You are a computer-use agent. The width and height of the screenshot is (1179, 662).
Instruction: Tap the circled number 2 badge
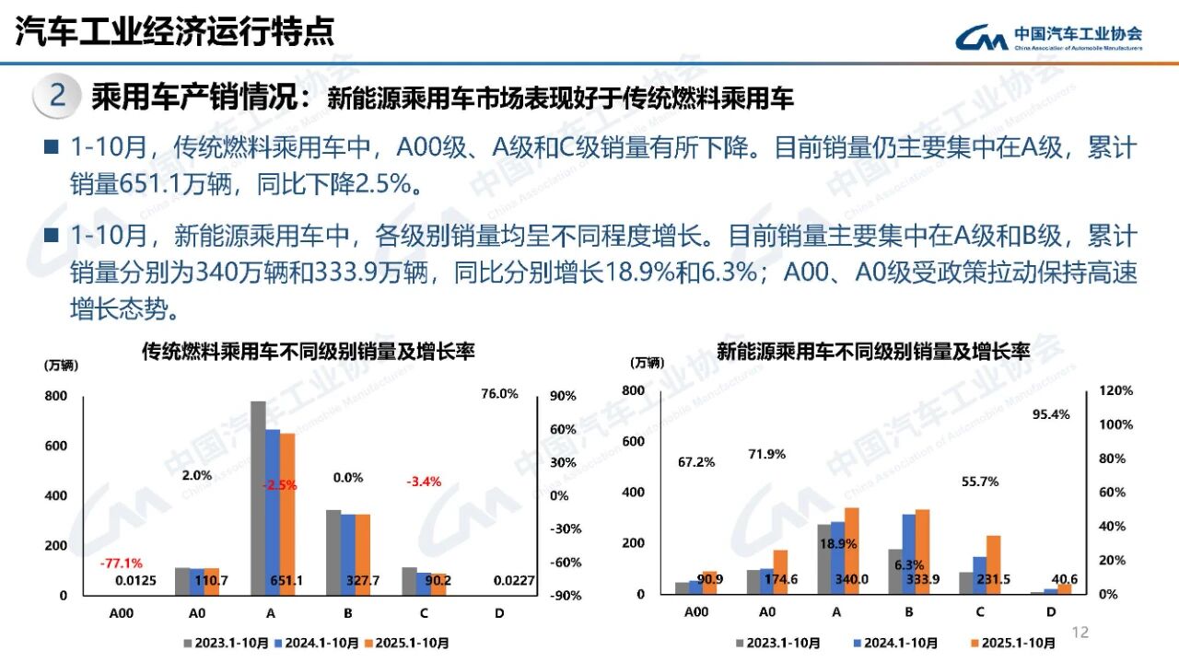57,96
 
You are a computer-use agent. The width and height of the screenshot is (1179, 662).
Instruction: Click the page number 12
1080,632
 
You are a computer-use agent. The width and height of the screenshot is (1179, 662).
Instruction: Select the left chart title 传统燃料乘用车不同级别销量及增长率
308,351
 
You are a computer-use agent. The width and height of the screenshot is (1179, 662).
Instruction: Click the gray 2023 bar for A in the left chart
258,497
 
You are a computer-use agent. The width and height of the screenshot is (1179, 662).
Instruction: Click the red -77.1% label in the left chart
121,563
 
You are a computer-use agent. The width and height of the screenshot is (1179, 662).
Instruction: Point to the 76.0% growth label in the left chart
499,393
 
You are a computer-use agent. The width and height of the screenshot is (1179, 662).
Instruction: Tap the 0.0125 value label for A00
135,580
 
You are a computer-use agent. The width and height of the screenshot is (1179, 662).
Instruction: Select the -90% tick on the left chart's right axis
563,596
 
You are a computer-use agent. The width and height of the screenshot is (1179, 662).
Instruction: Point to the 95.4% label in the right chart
1051,414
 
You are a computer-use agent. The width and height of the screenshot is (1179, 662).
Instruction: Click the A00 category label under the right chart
696,611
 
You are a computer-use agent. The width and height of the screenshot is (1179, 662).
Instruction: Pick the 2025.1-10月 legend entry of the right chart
1012,644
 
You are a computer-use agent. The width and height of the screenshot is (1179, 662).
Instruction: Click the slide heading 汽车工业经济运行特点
175,32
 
